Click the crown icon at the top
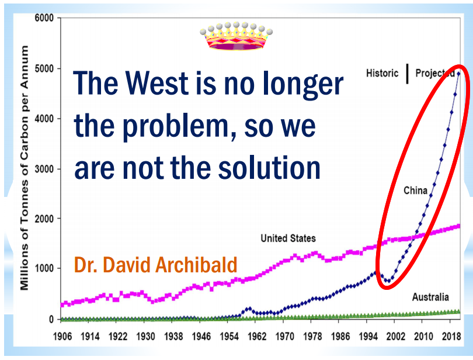pos(236,36)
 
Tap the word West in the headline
pos(157,83)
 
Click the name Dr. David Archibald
pos(156,265)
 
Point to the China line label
pos(415,191)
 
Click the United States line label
pos(288,238)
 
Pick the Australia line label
pos(430,297)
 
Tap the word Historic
pos(382,73)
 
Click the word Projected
pos(435,73)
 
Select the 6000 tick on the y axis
pos(44,18)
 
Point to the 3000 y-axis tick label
pos(44,169)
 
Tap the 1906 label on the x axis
pos(62,337)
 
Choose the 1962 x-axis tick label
pos(257,337)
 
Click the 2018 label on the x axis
pos(451,337)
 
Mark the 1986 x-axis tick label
pos(340,337)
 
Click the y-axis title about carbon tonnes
pos(24,168)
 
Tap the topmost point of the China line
pos(458,74)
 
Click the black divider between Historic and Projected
pos(407,74)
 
